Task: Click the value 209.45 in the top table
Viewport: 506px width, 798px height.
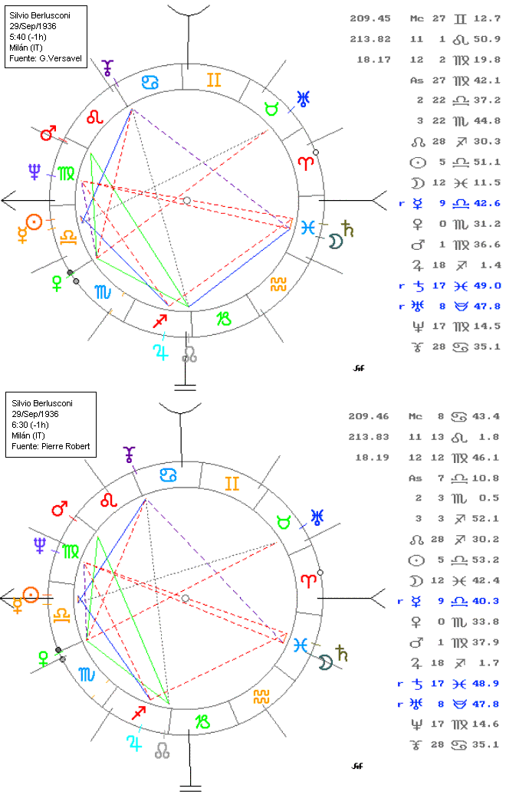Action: pyautogui.click(x=371, y=18)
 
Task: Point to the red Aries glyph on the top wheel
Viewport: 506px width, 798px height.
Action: pyautogui.click(x=306, y=163)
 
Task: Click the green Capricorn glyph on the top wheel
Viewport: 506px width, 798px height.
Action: pyautogui.click(x=223, y=319)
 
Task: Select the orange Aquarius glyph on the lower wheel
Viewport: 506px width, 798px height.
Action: pyautogui.click(x=261, y=697)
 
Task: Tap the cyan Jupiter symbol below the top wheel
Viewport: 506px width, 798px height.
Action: pyautogui.click(x=160, y=352)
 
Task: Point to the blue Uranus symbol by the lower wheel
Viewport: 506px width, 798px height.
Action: pyautogui.click(x=315, y=515)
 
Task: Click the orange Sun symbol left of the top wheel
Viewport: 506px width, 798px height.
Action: pyautogui.click(x=32, y=222)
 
